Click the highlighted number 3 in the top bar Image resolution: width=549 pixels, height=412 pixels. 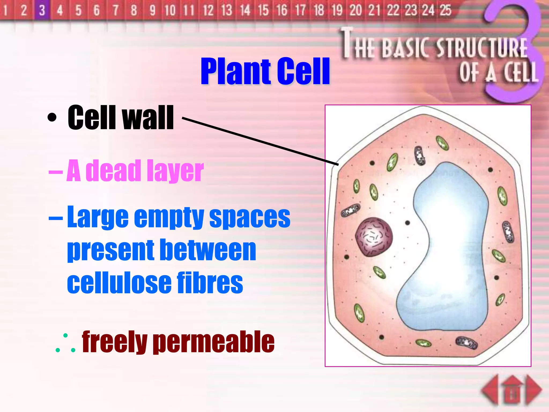click(x=42, y=10)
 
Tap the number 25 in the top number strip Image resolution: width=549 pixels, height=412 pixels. click(x=445, y=10)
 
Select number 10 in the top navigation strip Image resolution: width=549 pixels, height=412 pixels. click(x=170, y=10)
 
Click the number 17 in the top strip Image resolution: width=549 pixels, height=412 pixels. click(x=300, y=10)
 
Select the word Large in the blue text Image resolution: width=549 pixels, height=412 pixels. click(x=98, y=217)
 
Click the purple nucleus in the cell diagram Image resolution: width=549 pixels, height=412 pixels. click(x=374, y=237)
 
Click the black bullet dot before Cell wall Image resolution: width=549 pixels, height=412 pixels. click(x=52, y=117)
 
